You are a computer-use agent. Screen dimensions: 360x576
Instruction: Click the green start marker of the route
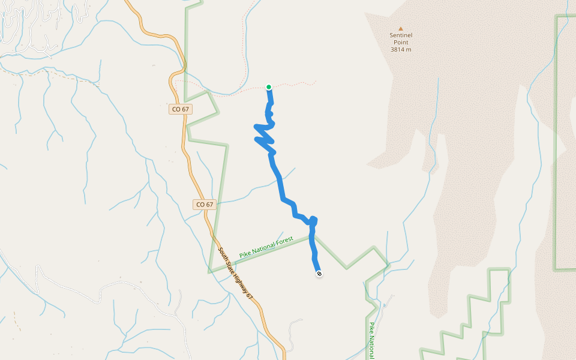coord(269,87)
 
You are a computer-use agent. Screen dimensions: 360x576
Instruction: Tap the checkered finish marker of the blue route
coord(319,274)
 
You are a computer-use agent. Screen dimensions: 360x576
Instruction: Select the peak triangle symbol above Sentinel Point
coord(401,28)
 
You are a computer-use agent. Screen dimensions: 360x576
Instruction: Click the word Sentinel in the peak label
coord(401,35)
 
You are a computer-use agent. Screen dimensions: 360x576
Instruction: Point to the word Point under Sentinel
coord(401,42)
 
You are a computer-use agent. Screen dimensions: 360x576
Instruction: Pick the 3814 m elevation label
coord(401,49)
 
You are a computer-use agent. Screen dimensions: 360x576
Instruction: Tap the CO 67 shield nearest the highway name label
coord(205,205)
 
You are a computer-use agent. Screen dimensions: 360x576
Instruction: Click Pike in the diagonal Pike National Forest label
coord(245,254)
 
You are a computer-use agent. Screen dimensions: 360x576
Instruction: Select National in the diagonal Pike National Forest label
coord(264,248)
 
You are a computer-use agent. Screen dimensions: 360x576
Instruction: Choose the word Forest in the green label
coord(284,241)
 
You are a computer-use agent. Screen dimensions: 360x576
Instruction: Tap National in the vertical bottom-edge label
coord(372,348)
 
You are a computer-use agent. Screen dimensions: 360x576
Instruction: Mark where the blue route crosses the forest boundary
coord(313,236)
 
